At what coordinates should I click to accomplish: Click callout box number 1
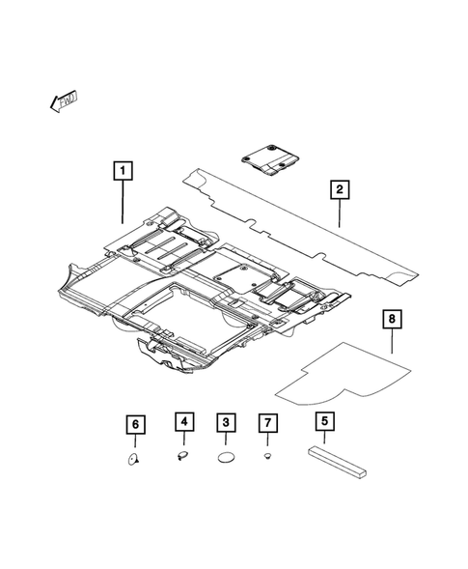[x=122, y=173]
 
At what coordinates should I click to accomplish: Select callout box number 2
[x=339, y=189]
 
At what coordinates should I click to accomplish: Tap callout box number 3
[x=225, y=422]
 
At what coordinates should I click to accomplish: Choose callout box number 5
[x=323, y=422]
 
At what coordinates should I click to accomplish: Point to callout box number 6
[x=136, y=423]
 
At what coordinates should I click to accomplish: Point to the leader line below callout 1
[x=122, y=203]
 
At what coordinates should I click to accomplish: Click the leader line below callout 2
[x=339, y=213]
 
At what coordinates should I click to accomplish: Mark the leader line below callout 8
[x=391, y=341]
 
